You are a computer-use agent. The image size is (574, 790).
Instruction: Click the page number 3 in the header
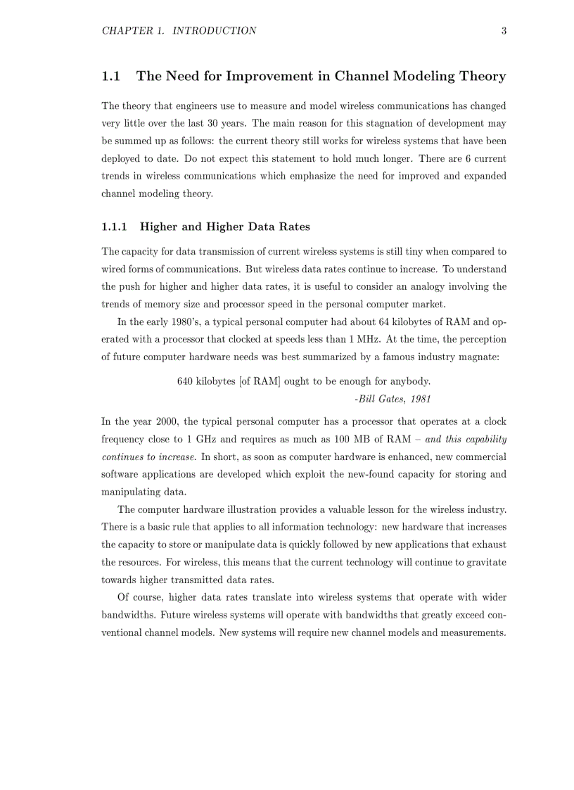pyautogui.click(x=504, y=31)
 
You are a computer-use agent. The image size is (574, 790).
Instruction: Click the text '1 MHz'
pyautogui.click(x=366, y=339)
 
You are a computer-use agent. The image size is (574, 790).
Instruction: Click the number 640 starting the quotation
pyautogui.click(x=185, y=381)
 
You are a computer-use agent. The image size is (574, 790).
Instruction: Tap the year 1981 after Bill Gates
pyautogui.click(x=419, y=399)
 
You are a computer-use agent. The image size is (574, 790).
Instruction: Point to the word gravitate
pyautogui.click(x=485, y=562)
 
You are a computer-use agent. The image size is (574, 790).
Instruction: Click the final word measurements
pyautogui.click(x=473, y=632)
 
